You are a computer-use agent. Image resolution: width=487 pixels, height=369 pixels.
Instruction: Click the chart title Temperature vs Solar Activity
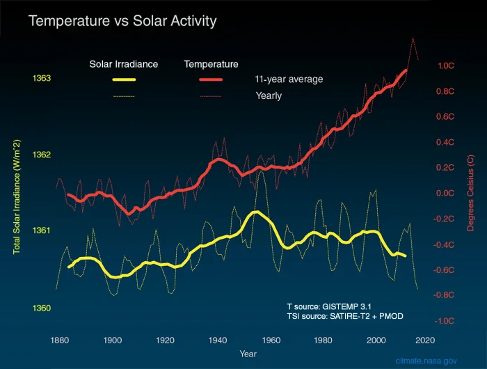tap(122, 22)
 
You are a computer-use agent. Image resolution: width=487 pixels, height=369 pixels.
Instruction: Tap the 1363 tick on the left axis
tap(42, 79)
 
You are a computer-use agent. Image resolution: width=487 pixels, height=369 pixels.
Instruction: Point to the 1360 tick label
tap(42, 308)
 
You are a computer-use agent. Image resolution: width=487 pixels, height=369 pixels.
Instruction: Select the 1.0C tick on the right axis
tap(445, 65)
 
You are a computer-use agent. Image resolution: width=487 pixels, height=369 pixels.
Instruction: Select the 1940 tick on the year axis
tap(218, 340)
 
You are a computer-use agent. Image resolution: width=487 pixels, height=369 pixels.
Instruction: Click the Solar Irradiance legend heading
tap(124, 64)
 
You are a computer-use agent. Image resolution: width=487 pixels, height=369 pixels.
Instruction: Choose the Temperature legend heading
tap(211, 64)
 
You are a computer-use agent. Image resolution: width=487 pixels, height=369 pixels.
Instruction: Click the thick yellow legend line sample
tap(124, 79)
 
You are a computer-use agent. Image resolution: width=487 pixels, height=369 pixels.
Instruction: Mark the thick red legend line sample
tap(211, 79)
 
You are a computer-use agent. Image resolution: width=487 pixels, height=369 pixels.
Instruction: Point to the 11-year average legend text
tap(289, 79)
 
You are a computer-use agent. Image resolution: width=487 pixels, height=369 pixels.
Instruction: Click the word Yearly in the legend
tap(269, 95)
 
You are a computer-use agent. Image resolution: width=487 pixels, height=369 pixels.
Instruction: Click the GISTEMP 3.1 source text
tap(330, 306)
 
